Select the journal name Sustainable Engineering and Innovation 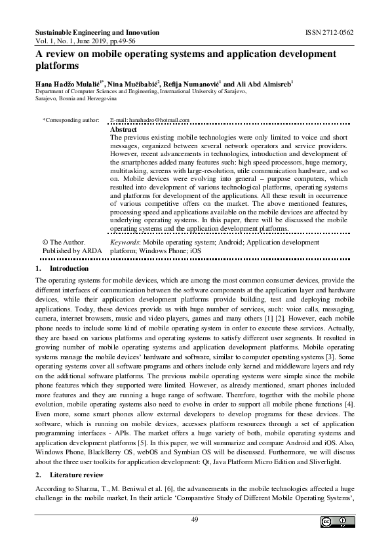click(96, 32)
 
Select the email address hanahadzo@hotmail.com click(149, 121)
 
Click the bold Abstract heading click(123, 130)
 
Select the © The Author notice click(64, 242)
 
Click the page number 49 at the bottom click(195, 519)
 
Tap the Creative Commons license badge click(336, 522)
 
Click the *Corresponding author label click(70, 121)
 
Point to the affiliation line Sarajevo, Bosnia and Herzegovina click(75, 98)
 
